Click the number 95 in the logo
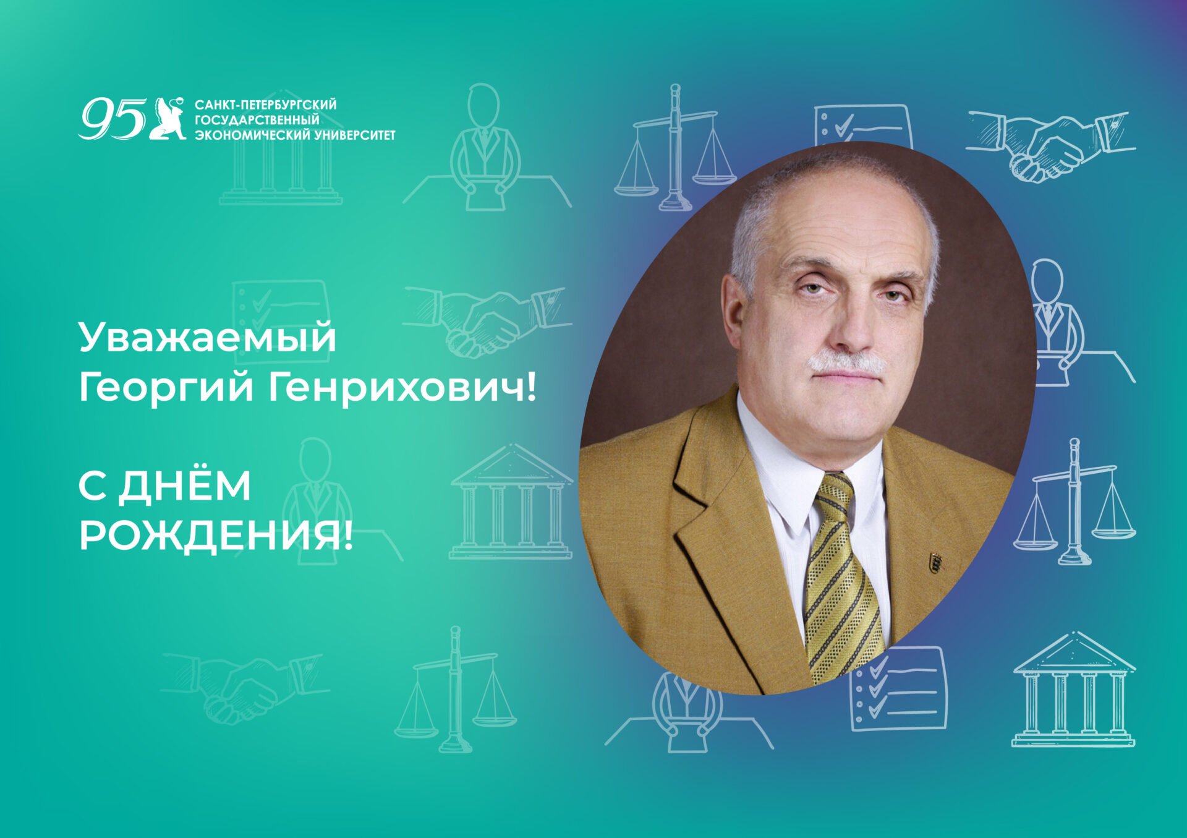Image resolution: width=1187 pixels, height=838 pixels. coord(111,119)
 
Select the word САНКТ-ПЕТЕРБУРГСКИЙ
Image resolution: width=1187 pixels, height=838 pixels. coord(265,105)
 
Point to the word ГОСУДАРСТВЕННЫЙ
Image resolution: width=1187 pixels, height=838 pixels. coord(257,119)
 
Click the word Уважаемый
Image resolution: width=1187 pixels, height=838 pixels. coord(207,338)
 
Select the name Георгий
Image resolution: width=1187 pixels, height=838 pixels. coord(166,388)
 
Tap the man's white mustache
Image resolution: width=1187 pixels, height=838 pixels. coord(847,362)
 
